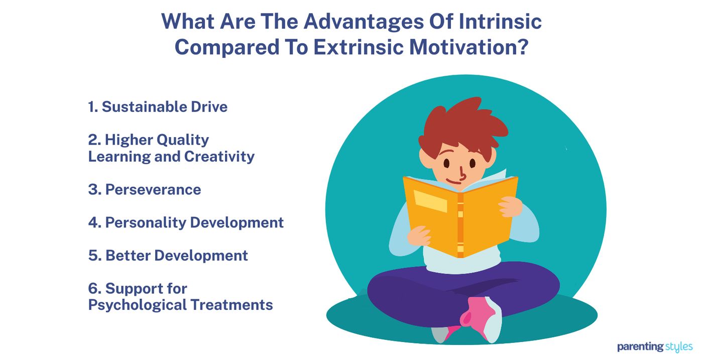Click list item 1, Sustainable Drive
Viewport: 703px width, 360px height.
click(158, 106)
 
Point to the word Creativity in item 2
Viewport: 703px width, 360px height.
click(219, 156)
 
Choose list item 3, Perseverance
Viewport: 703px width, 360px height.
click(145, 189)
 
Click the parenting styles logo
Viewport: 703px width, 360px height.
click(654, 347)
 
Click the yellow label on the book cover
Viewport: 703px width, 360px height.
click(430, 201)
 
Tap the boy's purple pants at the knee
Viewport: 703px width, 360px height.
click(397, 291)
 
